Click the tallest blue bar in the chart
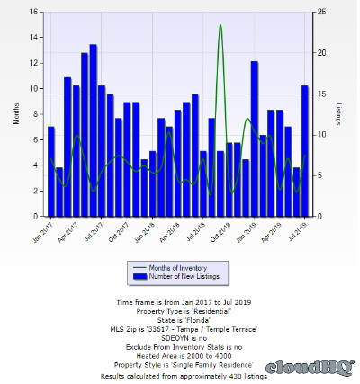tap(93, 130)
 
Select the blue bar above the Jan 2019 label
tap(255, 138)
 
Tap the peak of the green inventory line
tap(220, 25)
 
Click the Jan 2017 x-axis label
tap(42, 232)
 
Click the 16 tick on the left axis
tap(33, 12)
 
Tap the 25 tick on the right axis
tap(321, 12)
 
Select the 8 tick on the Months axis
tap(36, 114)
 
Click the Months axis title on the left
tap(16, 113)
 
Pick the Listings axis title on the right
tap(338, 114)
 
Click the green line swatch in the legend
tap(139, 268)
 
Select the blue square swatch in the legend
tap(139, 276)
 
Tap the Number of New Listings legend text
tap(184, 276)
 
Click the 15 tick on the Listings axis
tap(321, 94)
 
